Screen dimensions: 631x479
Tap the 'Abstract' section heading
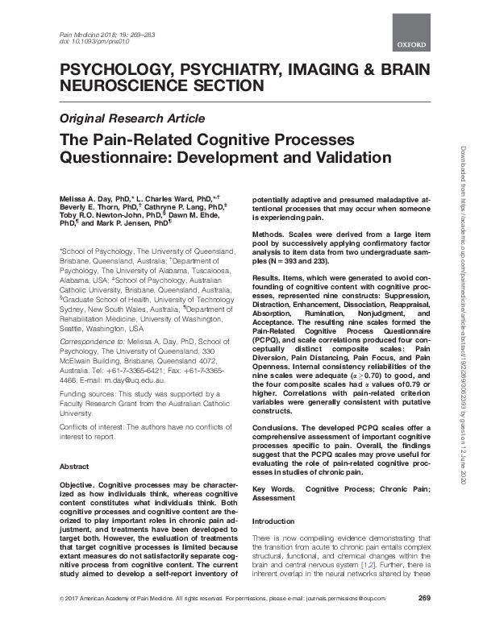pos(77,466)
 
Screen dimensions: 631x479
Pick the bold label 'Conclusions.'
pos(278,427)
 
